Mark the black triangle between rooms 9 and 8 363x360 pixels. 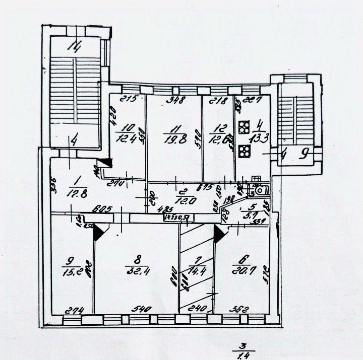(98, 231)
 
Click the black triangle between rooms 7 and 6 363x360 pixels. (219, 232)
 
